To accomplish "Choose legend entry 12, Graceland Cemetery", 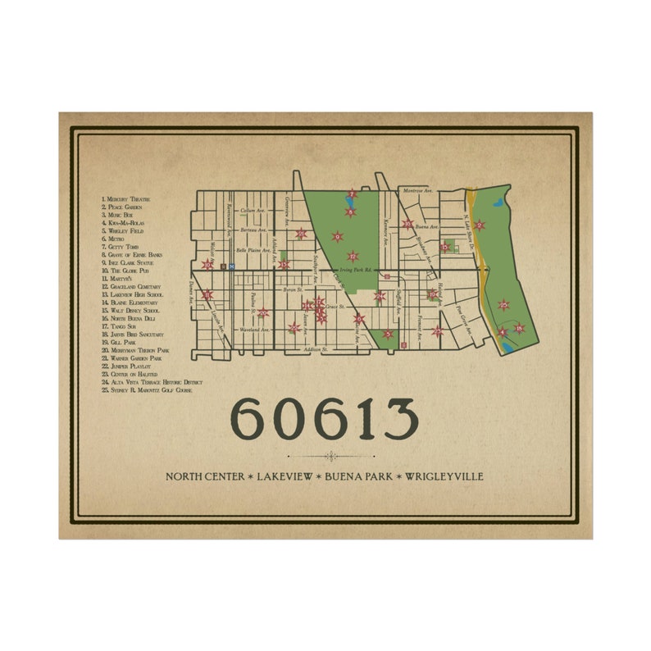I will point(130,287).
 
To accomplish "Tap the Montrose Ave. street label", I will point(417,190).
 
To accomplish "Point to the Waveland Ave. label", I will point(255,330).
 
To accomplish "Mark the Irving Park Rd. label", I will point(357,268).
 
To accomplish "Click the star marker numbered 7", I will point(353,194).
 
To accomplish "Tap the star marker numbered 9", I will point(336,237).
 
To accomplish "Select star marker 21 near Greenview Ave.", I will point(301,234).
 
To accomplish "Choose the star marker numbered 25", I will point(503,304).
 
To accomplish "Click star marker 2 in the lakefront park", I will point(479,225).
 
